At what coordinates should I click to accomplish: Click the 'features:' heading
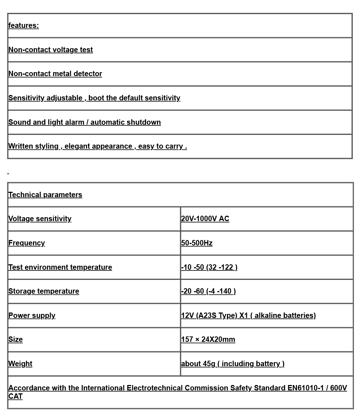(24, 25)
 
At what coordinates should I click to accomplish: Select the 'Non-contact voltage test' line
(50, 50)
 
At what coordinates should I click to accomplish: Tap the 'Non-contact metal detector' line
(55, 74)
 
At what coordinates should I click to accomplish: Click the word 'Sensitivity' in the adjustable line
(26, 98)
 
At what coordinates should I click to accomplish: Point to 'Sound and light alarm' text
(46, 122)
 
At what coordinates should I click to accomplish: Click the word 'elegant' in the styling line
(77, 146)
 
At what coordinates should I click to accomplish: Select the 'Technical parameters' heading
(45, 195)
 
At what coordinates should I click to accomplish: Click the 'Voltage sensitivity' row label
(40, 219)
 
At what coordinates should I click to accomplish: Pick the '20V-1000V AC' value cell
(205, 219)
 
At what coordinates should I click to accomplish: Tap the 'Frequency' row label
(26, 243)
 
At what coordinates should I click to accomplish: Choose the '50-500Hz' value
(197, 243)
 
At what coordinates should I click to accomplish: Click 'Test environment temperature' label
(60, 267)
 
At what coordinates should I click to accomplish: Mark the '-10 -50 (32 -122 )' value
(209, 267)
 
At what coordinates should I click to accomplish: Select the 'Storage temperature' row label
(44, 291)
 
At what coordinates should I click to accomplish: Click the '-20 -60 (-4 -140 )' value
(208, 291)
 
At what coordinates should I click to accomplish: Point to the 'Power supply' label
(32, 315)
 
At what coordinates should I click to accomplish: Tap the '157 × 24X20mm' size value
(208, 339)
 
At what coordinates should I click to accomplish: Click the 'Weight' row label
(20, 364)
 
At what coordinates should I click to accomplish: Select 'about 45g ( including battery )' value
(233, 364)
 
